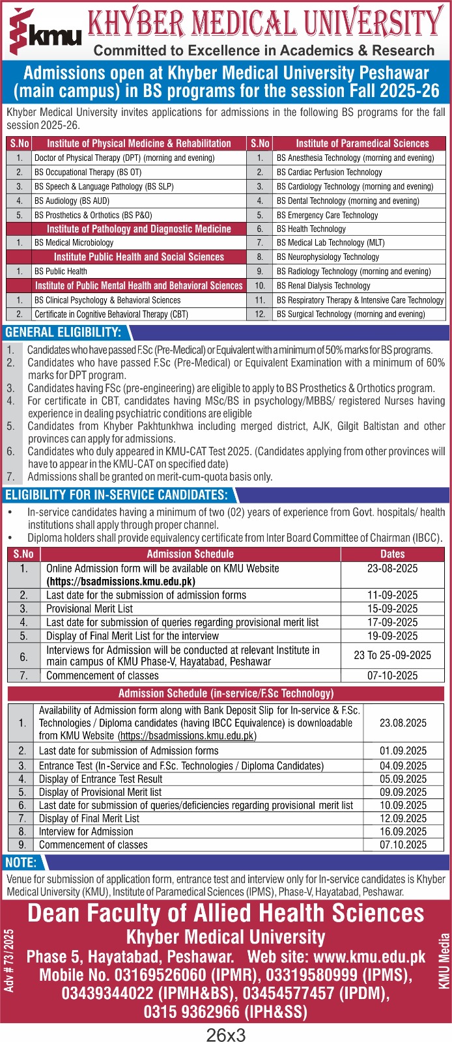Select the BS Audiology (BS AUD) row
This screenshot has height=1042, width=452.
tap(72, 201)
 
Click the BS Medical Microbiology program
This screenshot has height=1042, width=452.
tap(74, 242)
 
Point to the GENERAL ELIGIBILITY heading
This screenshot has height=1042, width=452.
tap(63, 333)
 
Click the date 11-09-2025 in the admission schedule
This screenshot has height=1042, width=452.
tap(392, 595)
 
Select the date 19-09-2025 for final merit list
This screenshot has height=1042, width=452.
tap(392, 636)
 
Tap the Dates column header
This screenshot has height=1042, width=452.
tap(392, 554)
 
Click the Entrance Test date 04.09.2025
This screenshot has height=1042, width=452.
tap(403, 766)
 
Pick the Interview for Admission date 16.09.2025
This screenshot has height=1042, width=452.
tap(403, 832)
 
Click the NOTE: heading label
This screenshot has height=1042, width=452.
tap(21, 862)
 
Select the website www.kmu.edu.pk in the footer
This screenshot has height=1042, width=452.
tap(369, 957)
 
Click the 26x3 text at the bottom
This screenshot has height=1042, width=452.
tap(226, 1034)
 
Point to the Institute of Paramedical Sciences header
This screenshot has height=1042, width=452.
tap(362, 143)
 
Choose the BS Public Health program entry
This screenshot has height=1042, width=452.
tap(61, 271)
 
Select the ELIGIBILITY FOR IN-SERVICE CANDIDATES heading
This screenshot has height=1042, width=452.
tap(117, 495)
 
